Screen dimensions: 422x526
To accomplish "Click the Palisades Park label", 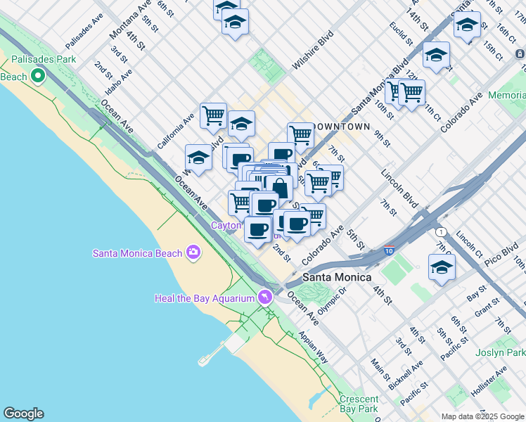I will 38,59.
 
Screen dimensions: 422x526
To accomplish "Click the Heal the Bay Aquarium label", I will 204,298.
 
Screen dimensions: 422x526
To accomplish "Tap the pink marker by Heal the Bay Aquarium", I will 264,298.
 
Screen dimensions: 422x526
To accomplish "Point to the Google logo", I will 23,414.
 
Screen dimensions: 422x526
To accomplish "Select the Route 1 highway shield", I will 440,231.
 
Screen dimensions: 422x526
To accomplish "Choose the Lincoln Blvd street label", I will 397,184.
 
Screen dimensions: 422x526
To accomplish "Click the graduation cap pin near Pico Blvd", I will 442,267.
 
